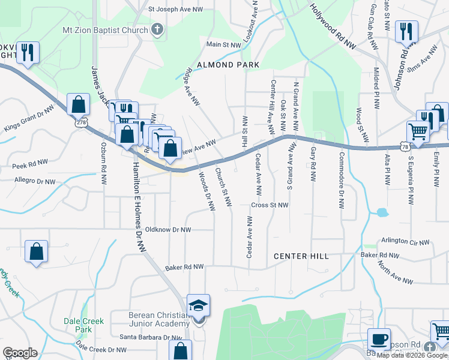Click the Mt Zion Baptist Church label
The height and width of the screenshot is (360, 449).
105,29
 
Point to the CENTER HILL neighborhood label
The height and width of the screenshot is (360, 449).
301,256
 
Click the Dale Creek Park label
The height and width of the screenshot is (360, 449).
79,325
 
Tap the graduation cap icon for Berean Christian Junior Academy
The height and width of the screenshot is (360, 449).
199,306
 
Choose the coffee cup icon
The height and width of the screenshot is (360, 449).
378,339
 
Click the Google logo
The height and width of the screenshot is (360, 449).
20,353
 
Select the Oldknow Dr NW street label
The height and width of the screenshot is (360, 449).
169,230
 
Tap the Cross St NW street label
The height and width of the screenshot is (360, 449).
270,205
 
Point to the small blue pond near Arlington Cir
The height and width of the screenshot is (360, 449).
382,212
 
